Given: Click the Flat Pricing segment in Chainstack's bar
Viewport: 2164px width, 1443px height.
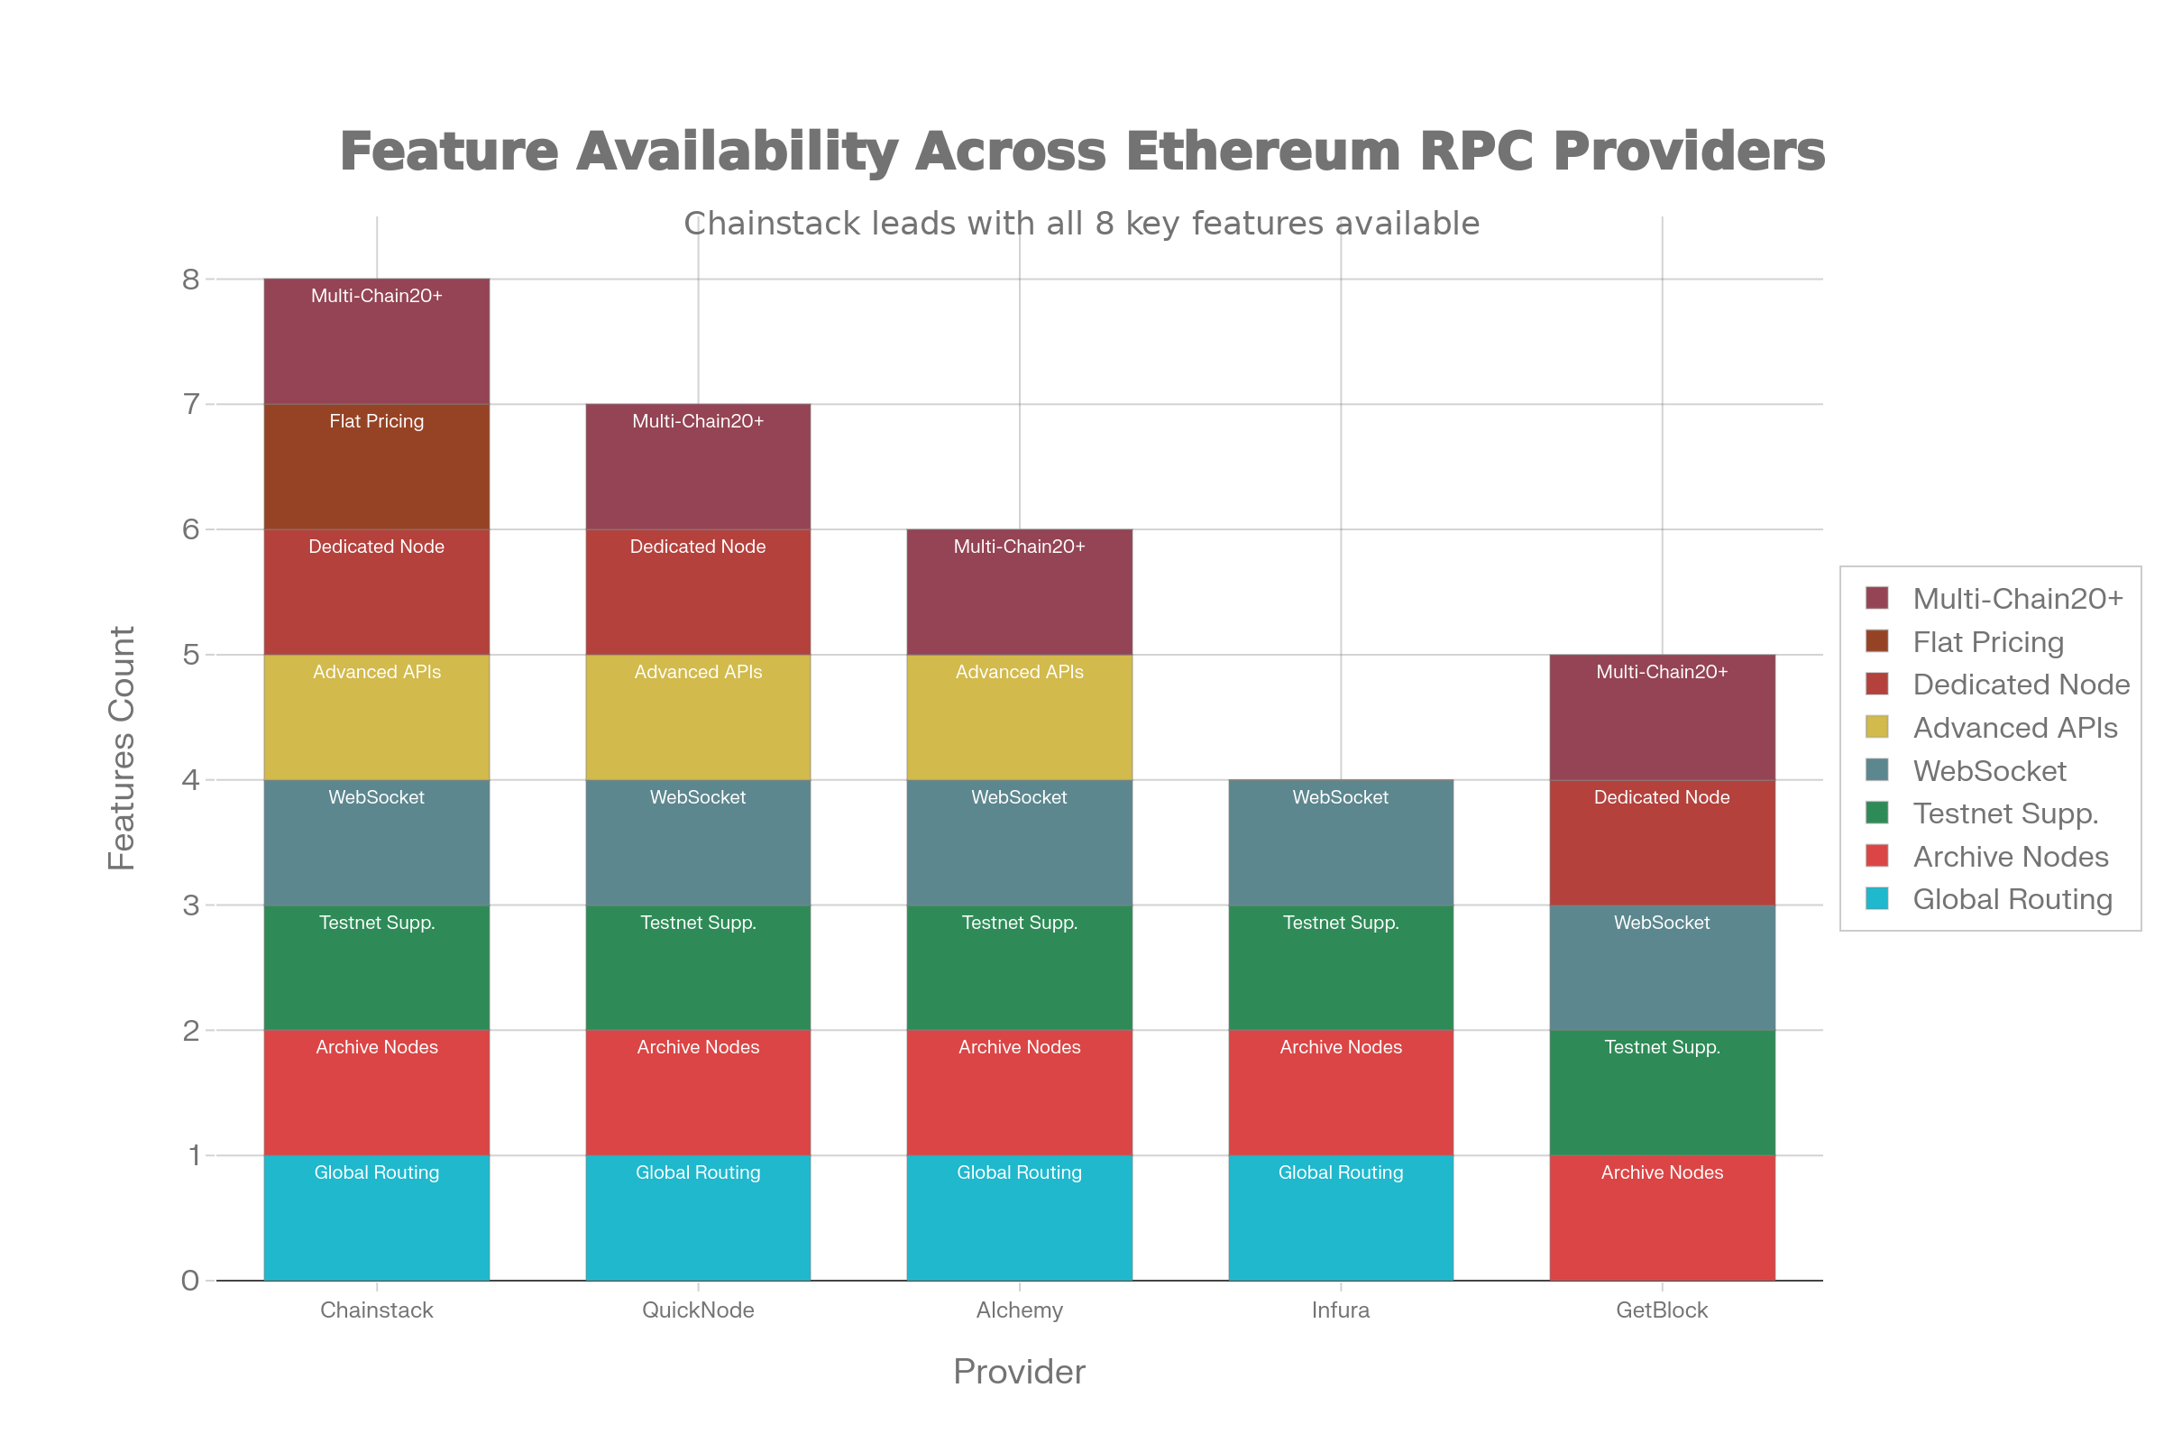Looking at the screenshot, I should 376,466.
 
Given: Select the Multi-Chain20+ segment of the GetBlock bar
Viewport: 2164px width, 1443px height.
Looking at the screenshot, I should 1662,717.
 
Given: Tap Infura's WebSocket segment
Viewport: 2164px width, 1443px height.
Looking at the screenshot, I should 1341,842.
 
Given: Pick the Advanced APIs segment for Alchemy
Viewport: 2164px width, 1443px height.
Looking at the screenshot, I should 1020,717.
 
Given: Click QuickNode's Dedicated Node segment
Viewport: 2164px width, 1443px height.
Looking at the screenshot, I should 697,592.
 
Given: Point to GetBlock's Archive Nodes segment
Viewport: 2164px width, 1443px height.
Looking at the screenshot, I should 1662,1218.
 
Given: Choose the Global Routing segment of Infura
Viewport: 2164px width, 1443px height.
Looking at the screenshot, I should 1341,1218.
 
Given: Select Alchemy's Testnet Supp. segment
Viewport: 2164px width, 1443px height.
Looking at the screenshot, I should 1020,967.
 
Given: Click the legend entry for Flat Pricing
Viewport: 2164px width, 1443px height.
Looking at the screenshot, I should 1987,641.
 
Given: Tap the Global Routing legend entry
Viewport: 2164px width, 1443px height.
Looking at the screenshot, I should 2012,899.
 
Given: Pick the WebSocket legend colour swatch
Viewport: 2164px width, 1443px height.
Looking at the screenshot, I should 1877,770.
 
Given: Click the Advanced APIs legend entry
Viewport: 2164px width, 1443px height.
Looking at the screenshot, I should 2014,728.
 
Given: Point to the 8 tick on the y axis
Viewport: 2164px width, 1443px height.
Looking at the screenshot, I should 190,279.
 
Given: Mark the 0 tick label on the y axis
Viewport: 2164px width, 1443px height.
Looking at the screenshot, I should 190,1280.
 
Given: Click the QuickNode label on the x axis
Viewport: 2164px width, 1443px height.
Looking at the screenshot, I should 697,1310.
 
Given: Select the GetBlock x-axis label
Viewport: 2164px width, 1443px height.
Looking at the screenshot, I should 1662,1310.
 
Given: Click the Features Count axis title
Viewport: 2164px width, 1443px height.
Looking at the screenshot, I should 122,748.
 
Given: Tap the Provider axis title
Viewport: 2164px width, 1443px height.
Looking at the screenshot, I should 1020,1371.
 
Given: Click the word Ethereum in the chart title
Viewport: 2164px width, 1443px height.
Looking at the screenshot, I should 1262,151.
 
